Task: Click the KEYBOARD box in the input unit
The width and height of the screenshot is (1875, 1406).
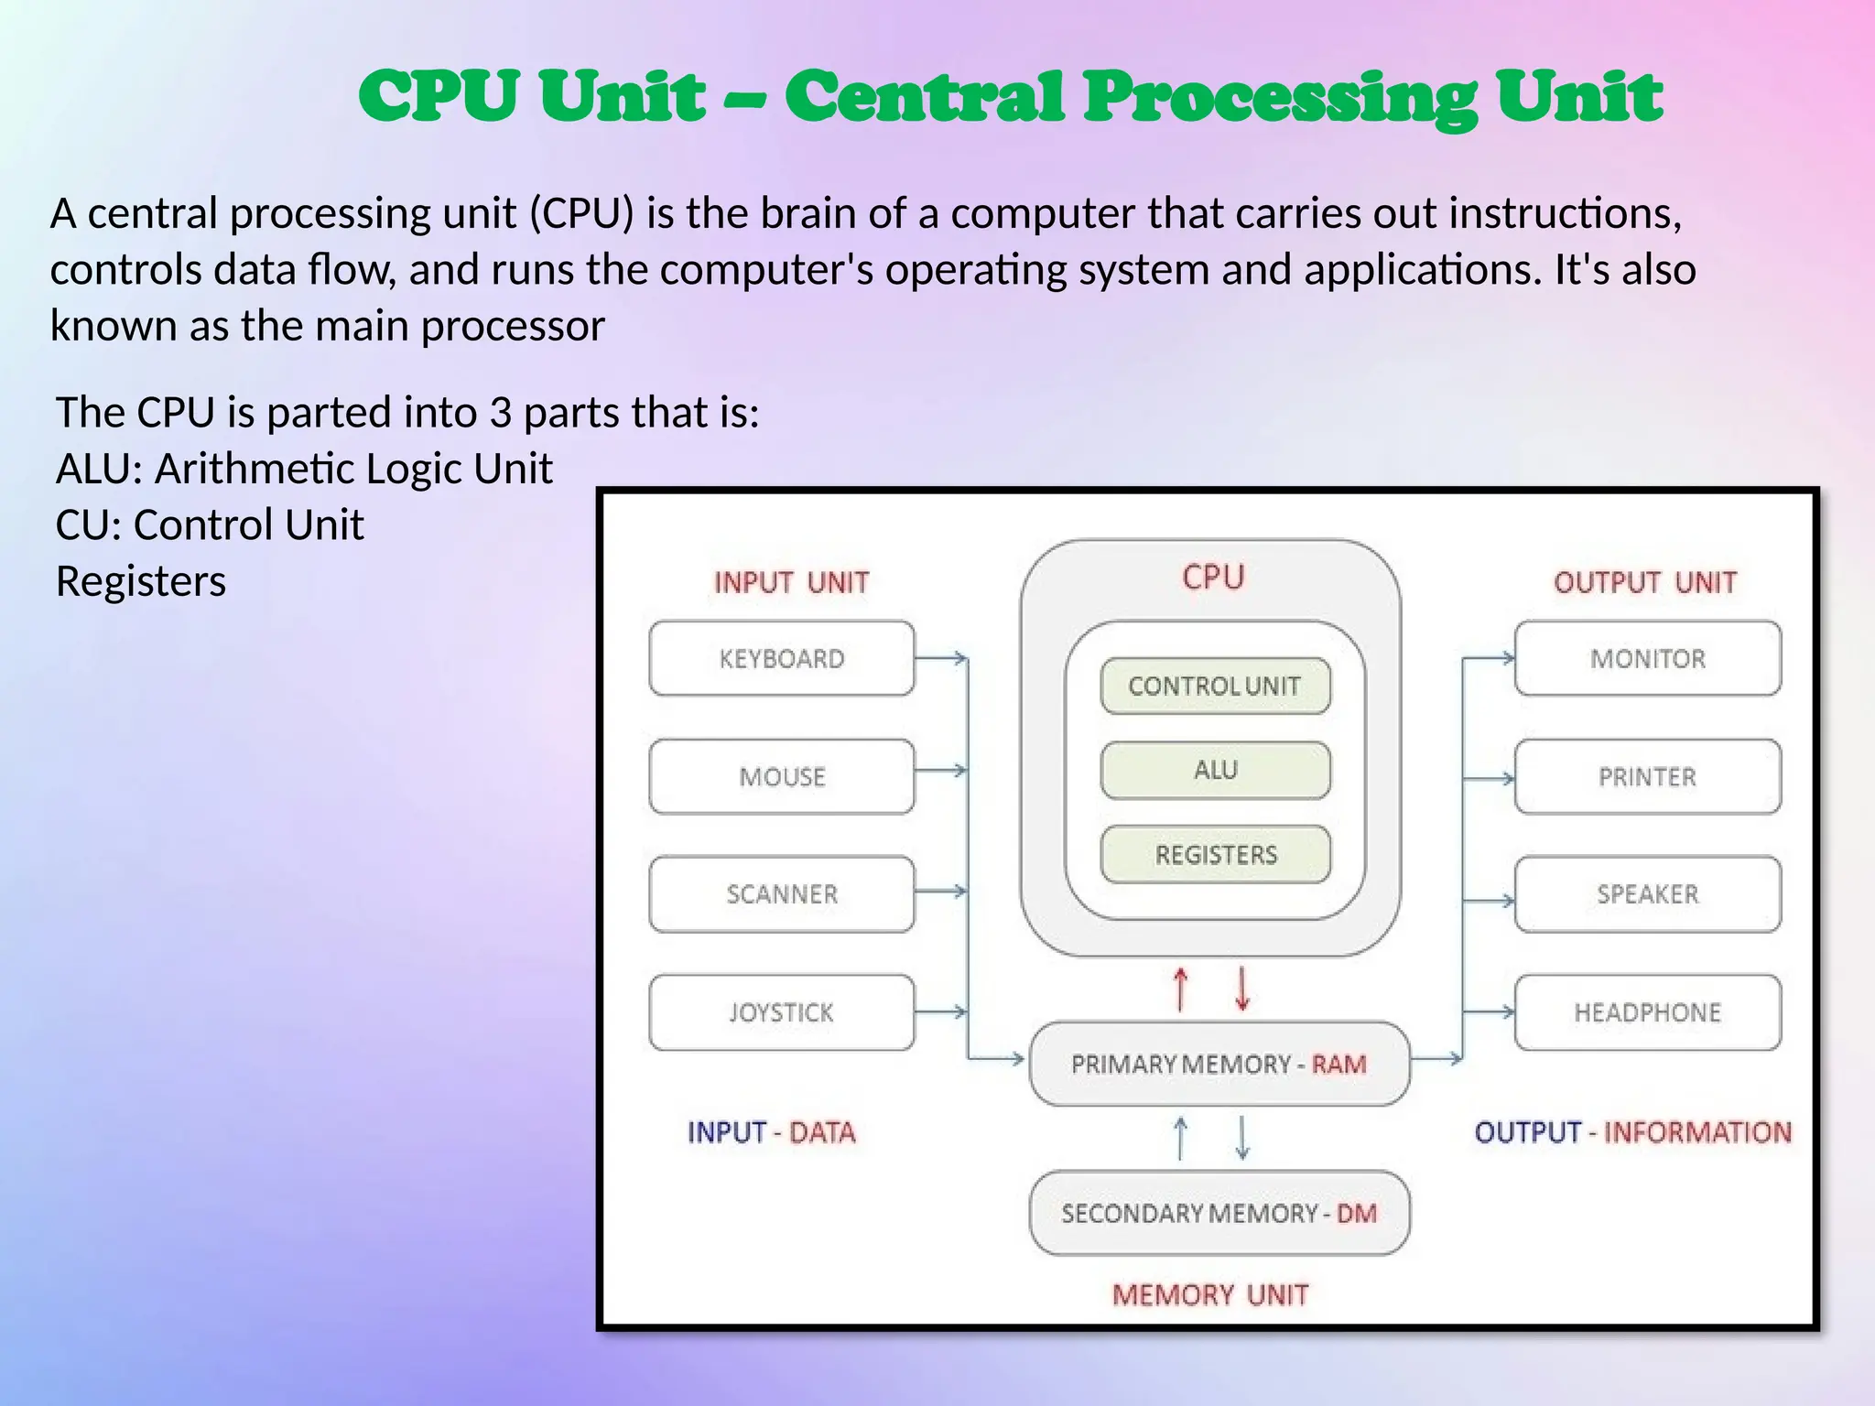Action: pos(781,658)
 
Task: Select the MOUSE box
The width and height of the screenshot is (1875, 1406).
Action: pos(781,776)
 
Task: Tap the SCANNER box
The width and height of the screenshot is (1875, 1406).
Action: pos(781,893)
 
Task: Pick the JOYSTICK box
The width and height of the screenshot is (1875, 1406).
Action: pos(781,1011)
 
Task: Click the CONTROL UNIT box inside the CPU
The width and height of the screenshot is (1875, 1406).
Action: pos(1214,686)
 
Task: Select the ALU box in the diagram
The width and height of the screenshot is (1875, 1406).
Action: pos(1215,770)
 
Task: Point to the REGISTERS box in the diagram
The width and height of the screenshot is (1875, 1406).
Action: pos(1215,854)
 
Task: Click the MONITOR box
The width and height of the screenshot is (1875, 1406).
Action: pos(1647,658)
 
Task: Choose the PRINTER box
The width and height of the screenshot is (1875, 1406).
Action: pos(1647,776)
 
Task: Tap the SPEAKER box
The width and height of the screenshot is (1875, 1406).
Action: pos(1647,893)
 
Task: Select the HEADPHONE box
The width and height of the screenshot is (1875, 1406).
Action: pos(1647,1011)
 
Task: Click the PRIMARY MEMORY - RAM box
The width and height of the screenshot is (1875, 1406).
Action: pos(1219,1064)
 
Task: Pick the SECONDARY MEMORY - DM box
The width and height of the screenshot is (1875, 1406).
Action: pos(1219,1213)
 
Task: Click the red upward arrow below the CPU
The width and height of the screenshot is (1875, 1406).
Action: pos(1181,990)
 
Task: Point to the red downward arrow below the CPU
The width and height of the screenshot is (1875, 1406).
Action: pos(1242,990)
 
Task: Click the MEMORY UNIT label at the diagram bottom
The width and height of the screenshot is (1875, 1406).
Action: pos(1209,1294)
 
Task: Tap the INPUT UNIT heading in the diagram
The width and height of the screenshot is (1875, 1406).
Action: pos(791,582)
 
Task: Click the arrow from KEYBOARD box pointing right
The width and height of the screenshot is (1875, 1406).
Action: pos(940,657)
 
